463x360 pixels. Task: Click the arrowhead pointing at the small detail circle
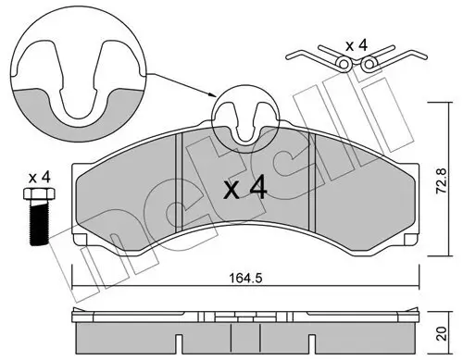tap(215, 96)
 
